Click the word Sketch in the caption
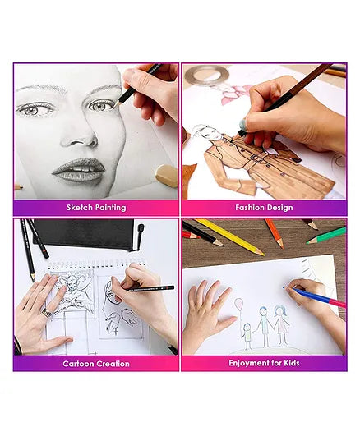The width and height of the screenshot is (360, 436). (x=80, y=208)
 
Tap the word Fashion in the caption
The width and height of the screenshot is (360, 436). (x=250, y=208)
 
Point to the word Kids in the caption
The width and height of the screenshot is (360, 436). (x=292, y=363)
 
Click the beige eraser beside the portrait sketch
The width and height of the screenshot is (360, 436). (x=167, y=176)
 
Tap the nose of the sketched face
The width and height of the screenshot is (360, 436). (x=81, y=138)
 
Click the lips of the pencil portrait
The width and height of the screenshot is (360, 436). (x=80, y=170)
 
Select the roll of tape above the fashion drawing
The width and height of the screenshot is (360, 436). (x=206, y=75)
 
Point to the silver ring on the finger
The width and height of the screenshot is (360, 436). (x=47, y=313)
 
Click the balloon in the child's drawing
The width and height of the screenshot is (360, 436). (x=238, y=303)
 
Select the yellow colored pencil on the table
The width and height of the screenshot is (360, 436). (x=229, y=238)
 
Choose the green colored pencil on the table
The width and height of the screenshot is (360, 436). (x=325, y=236)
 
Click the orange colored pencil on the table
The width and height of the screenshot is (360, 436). (x=275, y=233)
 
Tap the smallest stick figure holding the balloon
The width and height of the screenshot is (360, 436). (x=247, y=336)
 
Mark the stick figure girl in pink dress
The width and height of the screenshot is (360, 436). (x=280, y=325)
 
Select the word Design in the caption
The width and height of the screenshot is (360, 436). (x=279, y=208)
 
